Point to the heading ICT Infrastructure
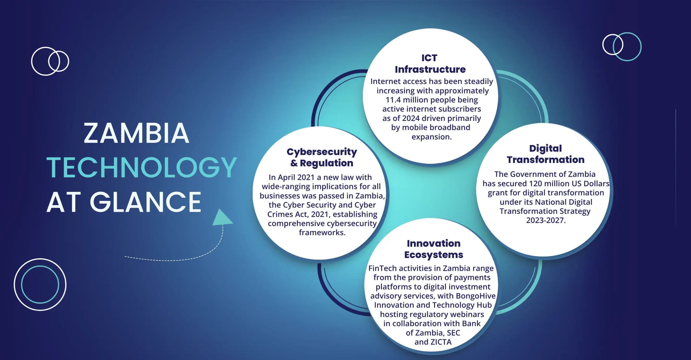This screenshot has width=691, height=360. pyautogui.click(x=430, y=63)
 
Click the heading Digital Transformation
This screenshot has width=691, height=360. pyautogui.click(x=546, y=154)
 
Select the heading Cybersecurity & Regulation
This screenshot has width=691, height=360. pyautogui.click(x=322, y=157)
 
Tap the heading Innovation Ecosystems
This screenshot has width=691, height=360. pyautogui.click(x=433, y=249)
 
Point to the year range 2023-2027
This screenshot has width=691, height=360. pyautogui.click(x=546, y=220)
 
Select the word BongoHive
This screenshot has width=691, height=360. pyautogui.click(x=476, y=296)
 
